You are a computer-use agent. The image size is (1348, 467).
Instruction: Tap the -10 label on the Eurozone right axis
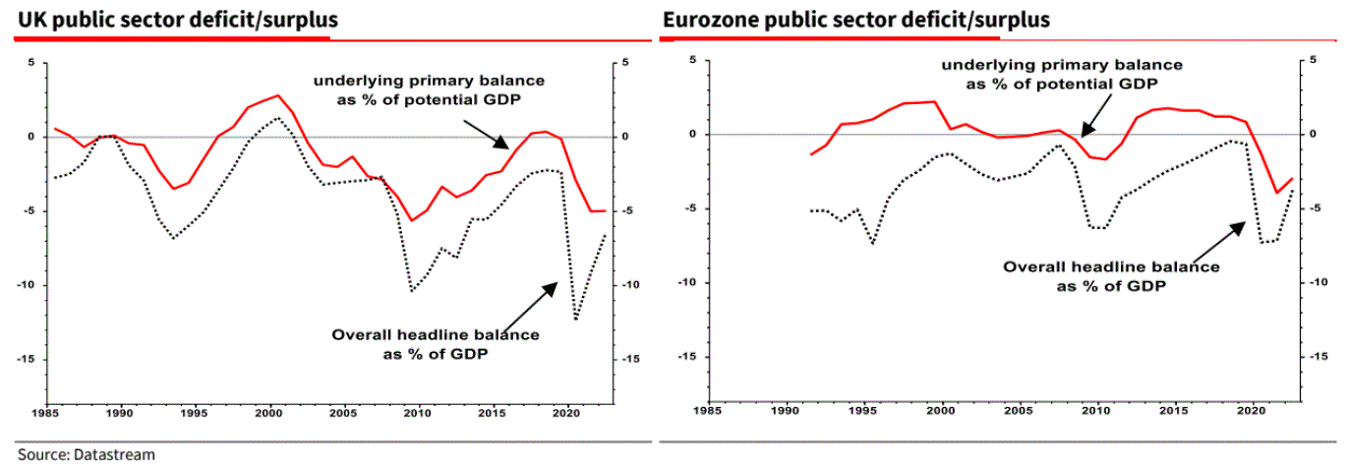click(1309, 283)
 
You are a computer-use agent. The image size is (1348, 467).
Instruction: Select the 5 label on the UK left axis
click(30, 63)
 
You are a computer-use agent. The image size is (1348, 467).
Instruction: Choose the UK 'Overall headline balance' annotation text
click(435, 343)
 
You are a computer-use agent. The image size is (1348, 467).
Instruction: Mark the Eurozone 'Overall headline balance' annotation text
click(1111, 275)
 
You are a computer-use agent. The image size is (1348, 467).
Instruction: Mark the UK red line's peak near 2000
click(278, 95)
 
